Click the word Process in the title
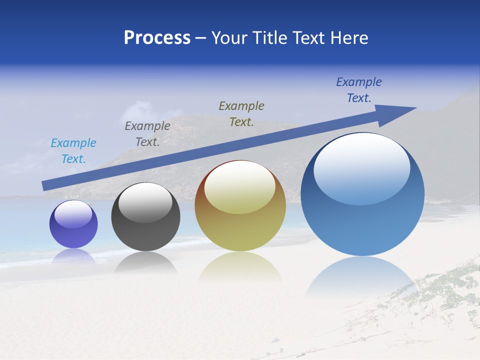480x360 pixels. click(157, 38)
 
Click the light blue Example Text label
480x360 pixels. click(73, 151)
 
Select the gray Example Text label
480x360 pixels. click(147, 134)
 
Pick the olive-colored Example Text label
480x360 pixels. click(241, 113)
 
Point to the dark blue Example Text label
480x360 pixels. click(359, 90)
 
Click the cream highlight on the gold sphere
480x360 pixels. click(240, 187)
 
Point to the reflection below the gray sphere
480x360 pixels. click(145, 262)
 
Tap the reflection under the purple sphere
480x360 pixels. click(73, 256)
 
